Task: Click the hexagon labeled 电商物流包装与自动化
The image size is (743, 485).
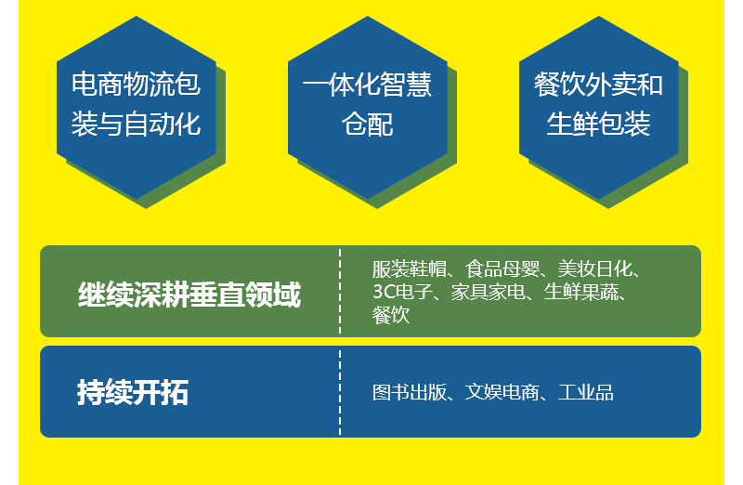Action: click(x=137, y=108)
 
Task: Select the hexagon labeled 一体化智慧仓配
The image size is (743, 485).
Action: click(x=368, y=108)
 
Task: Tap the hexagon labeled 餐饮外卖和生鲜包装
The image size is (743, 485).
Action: click(x=599, y=108)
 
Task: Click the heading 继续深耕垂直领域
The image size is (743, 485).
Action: click(x=189, y=295)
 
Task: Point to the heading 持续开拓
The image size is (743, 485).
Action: click(x=133, y=392)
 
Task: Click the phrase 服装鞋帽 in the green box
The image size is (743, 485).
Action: click(x=409, y=269)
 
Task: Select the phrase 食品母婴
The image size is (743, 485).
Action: click(x=502, y=269)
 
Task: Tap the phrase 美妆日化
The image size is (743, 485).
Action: click(x=595, y=269)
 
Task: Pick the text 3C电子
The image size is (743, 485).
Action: click(x=402, y=292)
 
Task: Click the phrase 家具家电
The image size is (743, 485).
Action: click(x=488, y=292)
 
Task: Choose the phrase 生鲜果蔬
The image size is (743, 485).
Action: click(x=581, y=292)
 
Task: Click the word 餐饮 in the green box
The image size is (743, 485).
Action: click(x=391, y=315)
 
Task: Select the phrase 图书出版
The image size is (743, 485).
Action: click(x=409, y=392)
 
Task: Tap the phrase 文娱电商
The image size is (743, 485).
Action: click(x=502, y=392)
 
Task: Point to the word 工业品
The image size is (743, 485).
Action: click(x=586, y=392)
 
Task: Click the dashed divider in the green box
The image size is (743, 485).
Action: click(x=340, y=291)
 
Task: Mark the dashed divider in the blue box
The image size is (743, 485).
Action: click(x=340, y=392)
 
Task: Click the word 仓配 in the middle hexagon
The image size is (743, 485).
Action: click(x=368, y=125)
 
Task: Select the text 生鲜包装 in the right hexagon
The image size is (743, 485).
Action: click(x=598, y=125)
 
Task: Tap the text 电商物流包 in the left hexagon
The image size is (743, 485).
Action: click(x=137, y=85)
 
